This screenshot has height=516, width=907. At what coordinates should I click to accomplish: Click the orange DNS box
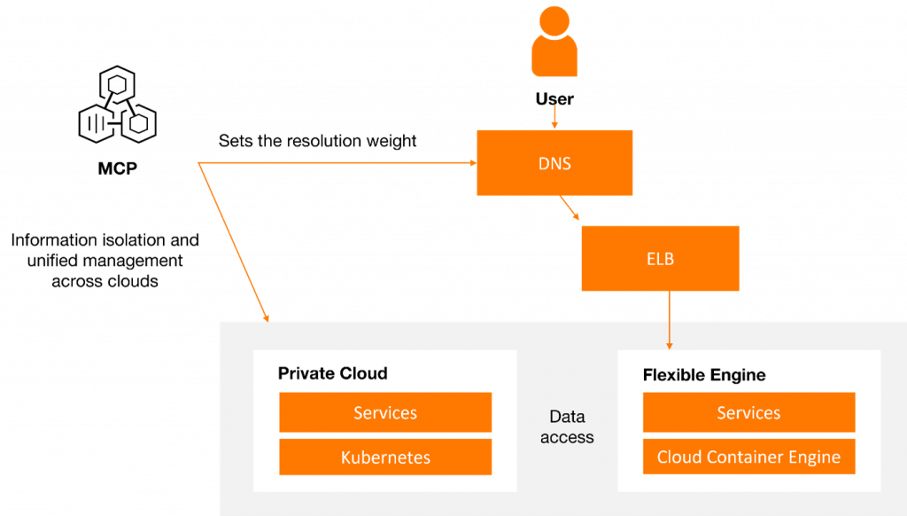coord(554,163)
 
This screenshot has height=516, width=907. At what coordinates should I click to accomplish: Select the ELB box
coord(660,258)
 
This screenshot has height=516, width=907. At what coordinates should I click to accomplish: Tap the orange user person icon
coord(554,41)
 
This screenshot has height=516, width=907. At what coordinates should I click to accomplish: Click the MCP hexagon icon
coord(118,105)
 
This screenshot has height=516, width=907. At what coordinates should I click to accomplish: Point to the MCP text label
coord(118,168)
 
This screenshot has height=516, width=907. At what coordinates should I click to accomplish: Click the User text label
coord(554,99)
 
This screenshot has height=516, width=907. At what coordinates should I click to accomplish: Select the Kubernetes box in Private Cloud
coord(385,457)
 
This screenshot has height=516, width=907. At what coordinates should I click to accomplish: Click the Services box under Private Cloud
coord(385,412)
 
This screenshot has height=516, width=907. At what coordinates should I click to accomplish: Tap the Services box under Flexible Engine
coord(749,412)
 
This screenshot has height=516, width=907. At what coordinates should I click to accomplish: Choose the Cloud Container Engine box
coord(749,457)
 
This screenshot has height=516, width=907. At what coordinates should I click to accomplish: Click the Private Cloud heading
coord(333,373)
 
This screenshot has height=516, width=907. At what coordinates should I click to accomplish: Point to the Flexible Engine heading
coord(704,375)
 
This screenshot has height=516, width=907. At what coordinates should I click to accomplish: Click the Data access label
coord(567,426)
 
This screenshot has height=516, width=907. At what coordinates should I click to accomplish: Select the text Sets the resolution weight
coord(318,141)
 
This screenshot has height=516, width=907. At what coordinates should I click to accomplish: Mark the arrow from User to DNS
coord(554,116)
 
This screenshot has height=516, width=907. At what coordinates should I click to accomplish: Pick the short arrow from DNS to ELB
coord(570,207)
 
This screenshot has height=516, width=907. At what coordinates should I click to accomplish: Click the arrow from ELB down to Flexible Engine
coord(670,320)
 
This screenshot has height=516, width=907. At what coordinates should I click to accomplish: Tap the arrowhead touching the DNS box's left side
coord(473,163)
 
